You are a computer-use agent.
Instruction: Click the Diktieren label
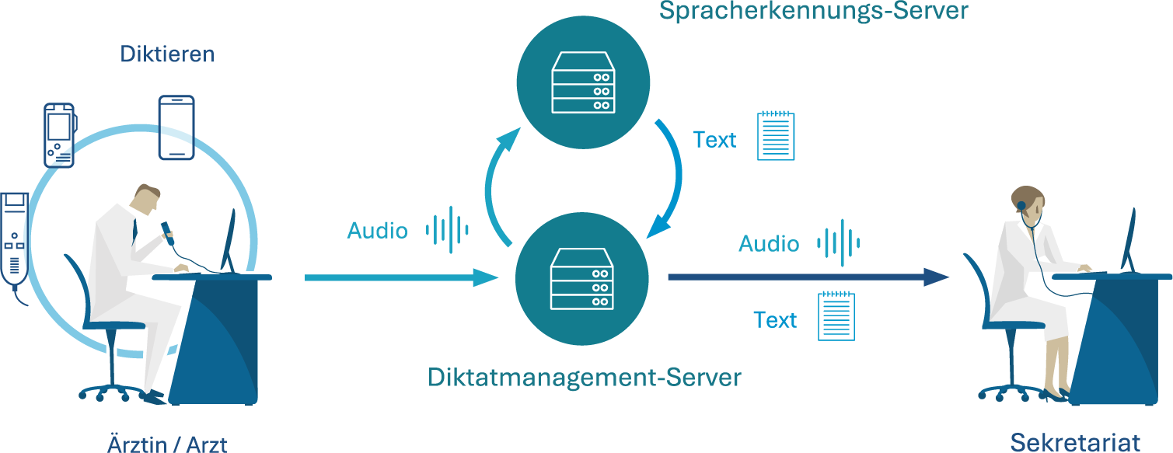[x=167, y=54]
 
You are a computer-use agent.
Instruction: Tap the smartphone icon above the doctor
[x=176, y=127]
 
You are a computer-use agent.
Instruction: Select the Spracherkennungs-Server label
[x=813, y=11]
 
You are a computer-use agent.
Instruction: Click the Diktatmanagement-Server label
[x=585, y=378]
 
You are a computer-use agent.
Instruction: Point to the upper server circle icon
[x=582, y=83]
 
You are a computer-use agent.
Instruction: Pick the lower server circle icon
[x=582, y=279]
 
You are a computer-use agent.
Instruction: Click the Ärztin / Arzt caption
[x=166, y=444]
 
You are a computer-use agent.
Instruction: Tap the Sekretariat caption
[x=1075, y=443]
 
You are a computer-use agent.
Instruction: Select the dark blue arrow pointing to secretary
[x=808, y=277]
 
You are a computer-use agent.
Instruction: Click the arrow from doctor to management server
[x=400, y=277]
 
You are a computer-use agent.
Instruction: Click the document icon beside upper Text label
[x=776, y=136]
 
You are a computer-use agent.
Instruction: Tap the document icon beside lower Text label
[x=836, y=316]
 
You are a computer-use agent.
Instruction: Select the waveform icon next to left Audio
[x=447, y=230]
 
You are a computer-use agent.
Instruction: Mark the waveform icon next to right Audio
[x=838, y=242]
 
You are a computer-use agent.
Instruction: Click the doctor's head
[x=148, y=198]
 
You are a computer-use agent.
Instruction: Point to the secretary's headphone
[x=1021, y=206]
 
